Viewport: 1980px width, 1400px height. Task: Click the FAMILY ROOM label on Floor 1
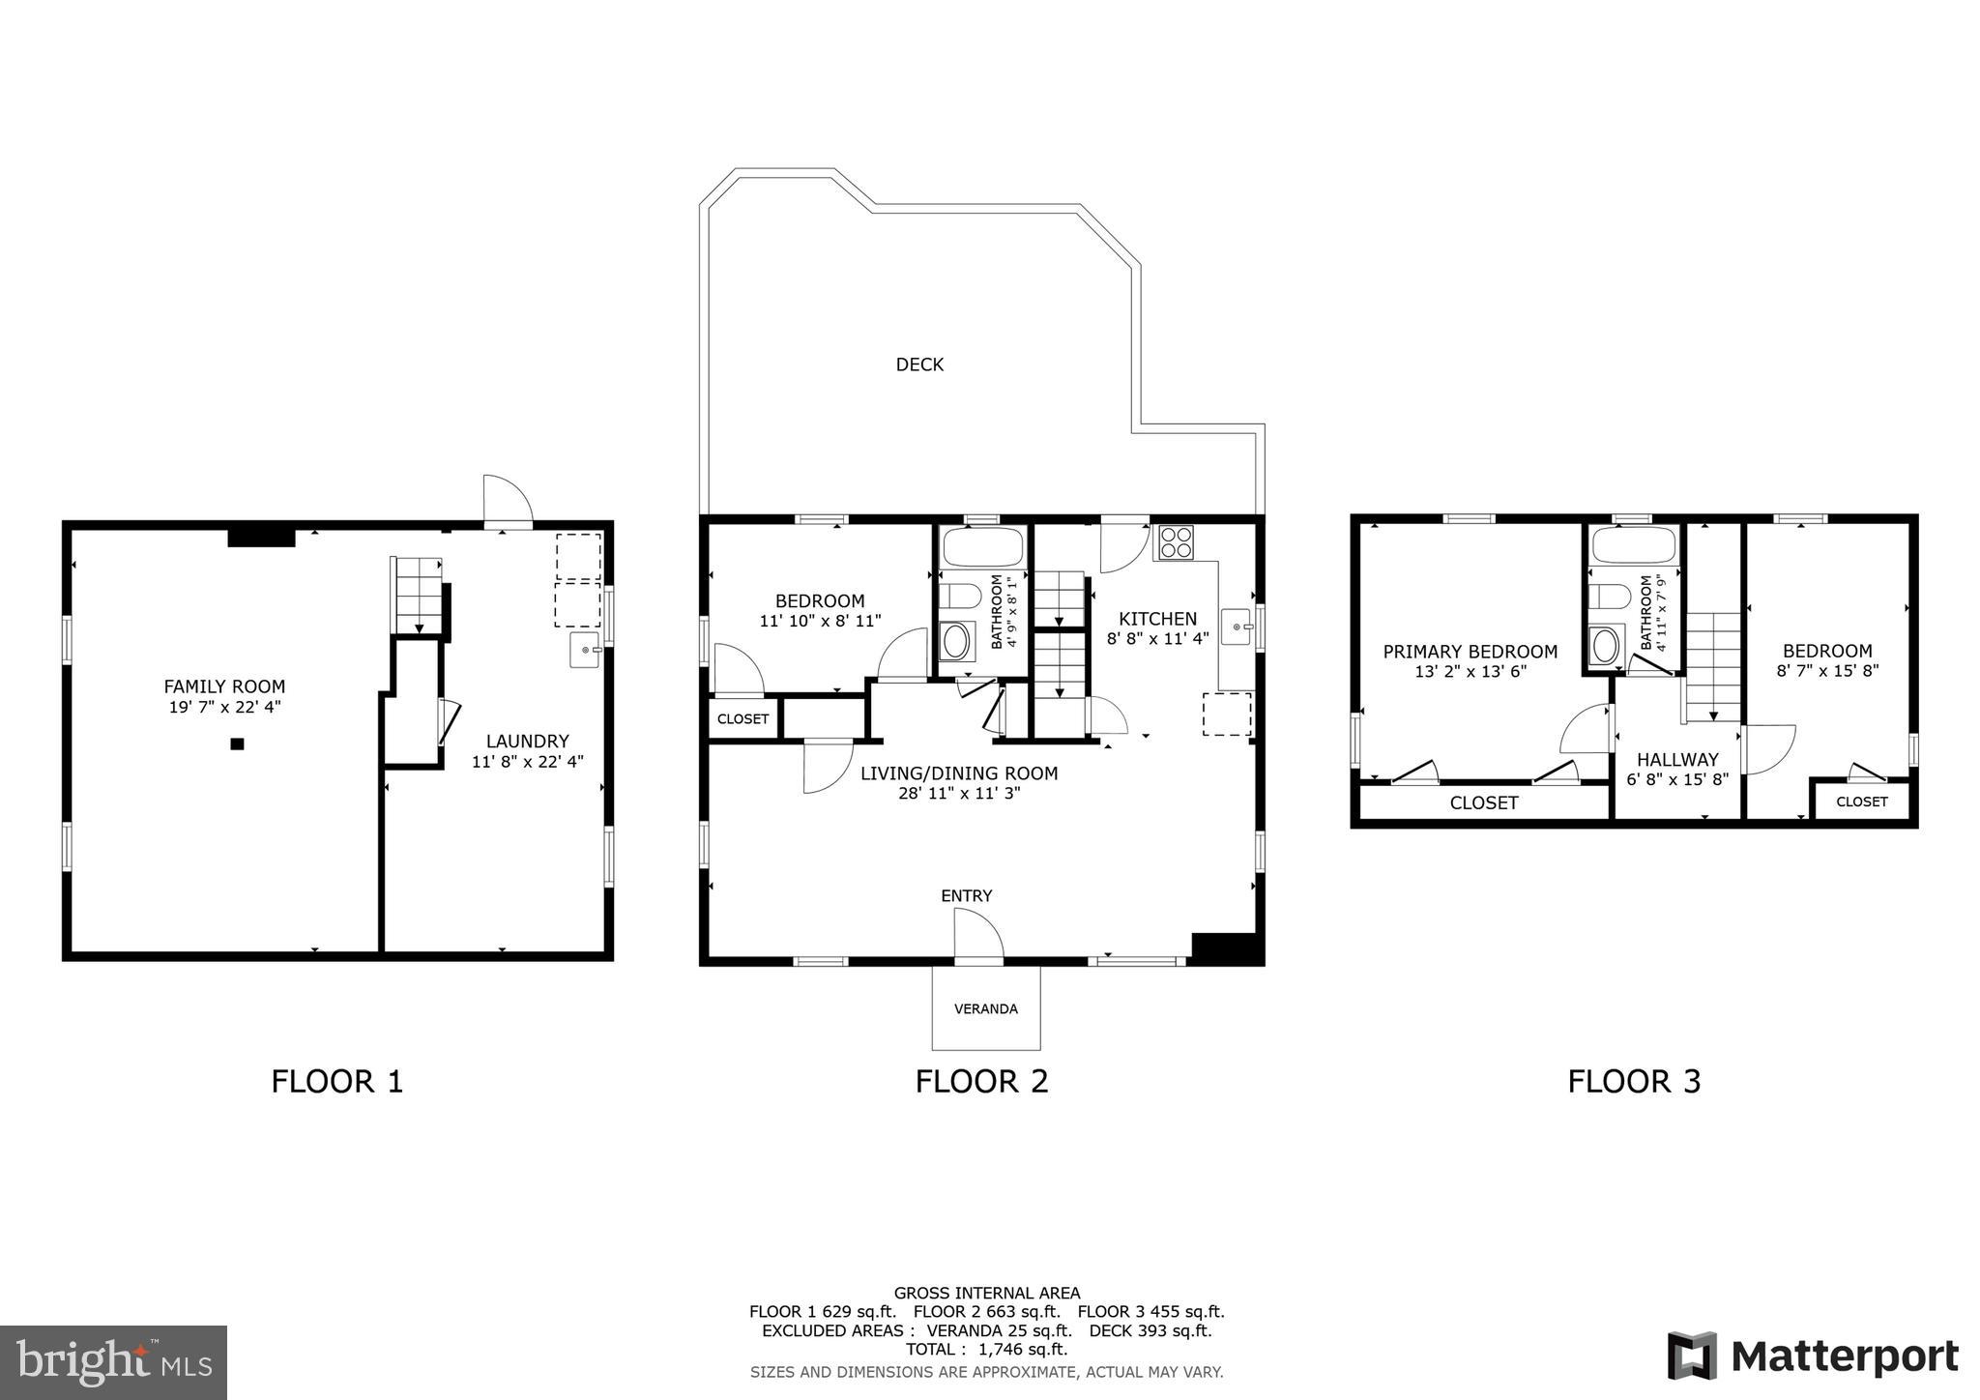[x=224, y=686]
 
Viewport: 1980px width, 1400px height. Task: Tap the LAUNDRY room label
[x=527, y=742]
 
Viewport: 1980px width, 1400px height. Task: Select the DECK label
[x=919, y=365]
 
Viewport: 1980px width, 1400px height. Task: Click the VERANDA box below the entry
[x=985, y=1008]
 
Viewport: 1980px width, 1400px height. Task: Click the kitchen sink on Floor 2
[x=1237, y=627]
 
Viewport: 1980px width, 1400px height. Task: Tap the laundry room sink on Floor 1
[x=584, y=650]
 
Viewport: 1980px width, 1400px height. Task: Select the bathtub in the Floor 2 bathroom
[x=982, y=547]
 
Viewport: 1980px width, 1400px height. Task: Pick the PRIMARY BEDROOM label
[x=1470, y=652]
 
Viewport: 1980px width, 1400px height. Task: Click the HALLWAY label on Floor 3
[x=1677, y=760]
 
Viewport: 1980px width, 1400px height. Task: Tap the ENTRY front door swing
[x=977, y=935]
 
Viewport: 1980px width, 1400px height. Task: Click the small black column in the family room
[x=237, y=744]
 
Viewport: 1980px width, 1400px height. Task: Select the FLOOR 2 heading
[x=981, y=1081]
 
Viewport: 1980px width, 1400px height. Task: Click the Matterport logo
[x=1812, y=1356]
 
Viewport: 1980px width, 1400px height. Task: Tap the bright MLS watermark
[x=114, y=1363]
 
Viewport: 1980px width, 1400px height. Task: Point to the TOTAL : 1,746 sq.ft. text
[x=986, y=1349]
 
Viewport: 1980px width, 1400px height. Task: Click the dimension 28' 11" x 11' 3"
[x=959, y=794]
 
